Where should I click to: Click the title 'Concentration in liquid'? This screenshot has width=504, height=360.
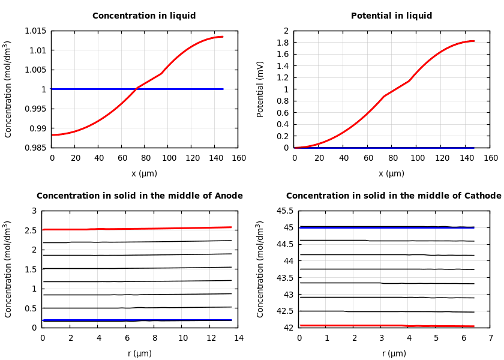click(x=144, y=16)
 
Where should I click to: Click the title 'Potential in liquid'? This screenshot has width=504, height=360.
click(x=391, y=16)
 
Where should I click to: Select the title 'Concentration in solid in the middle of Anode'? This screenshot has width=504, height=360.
click(x=140, y=196)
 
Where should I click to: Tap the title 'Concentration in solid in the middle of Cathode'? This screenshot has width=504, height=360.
click(x=394, y=196)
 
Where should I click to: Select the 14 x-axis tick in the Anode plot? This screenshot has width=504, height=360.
click(x=238, y=338)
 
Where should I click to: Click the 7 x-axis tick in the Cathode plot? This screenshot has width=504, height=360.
click(x=490, y=338)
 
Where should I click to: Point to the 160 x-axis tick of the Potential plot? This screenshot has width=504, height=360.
click(x=491, y=158)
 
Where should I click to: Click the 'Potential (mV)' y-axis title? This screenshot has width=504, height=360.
click(x=260, y=89)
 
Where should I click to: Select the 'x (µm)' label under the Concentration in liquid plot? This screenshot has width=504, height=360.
click(x=144, y=174)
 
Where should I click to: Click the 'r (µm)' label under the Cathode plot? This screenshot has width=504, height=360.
click(x=394, y=354)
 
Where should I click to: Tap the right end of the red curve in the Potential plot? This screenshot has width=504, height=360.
click(x=474, y=41)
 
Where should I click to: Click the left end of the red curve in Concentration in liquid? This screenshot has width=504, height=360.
click(x=52, y=134)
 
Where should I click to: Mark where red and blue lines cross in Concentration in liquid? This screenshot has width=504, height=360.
click(x=134, y=89)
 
